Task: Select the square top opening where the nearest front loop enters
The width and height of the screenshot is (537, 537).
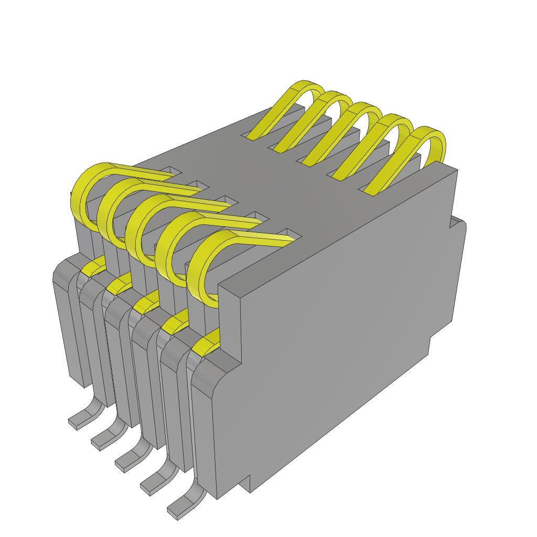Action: pos(292,233)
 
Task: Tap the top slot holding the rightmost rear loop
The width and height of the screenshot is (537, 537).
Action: pos(367,189)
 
